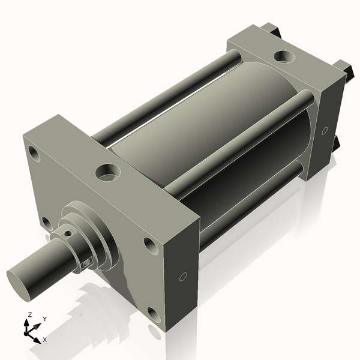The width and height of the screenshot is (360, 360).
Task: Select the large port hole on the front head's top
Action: point(109,173)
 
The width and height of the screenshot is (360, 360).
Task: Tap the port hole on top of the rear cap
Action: point(282,57)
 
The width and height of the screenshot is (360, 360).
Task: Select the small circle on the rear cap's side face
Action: point(325,130)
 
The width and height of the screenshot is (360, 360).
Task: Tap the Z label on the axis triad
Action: point(29,315)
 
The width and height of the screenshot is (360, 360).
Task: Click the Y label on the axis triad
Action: point(44,319)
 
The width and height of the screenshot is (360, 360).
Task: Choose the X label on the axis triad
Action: point(45,340)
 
